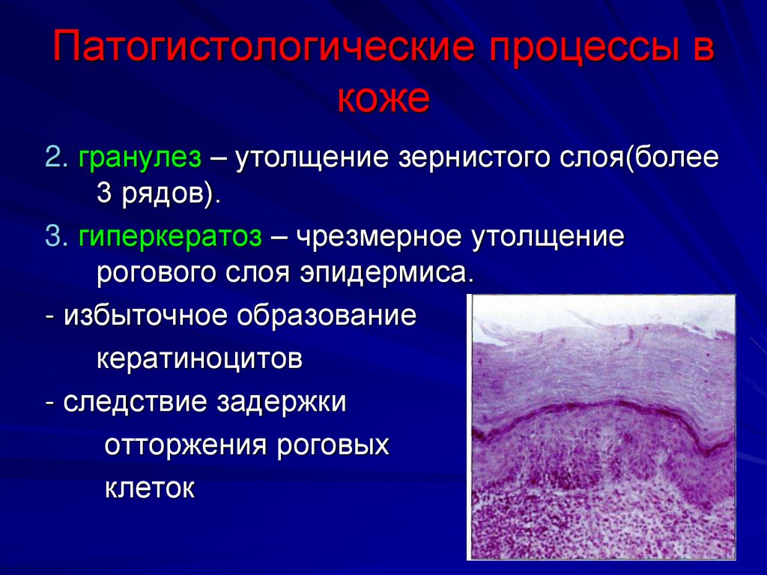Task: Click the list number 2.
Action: click(x=54, y=158)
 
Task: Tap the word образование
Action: click(x=327, y=316)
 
